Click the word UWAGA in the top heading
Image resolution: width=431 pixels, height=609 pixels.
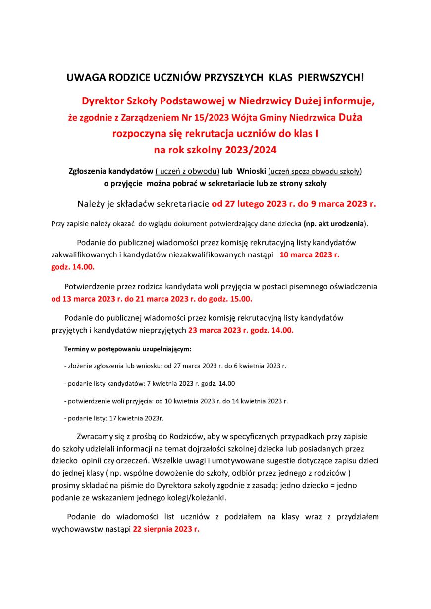point(81,78)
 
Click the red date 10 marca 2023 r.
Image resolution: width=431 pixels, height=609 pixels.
point(310,255)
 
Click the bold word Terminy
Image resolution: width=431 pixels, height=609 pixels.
point(76,349)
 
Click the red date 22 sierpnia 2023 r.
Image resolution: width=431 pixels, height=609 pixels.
point(166,529)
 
